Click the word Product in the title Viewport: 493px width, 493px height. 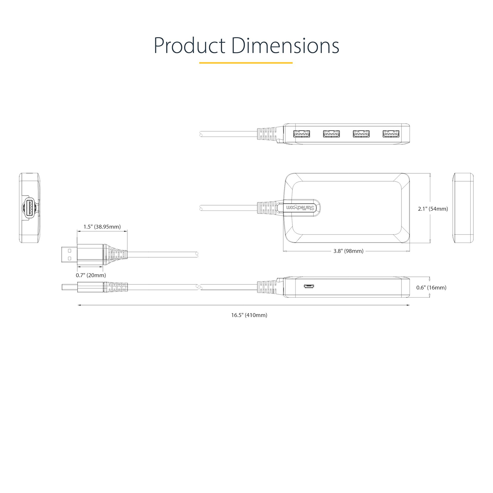point(189,46)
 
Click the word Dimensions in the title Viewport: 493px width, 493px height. point(285,46)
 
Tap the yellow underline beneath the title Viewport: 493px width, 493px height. point(246,63)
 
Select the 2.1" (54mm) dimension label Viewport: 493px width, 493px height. point(433,209)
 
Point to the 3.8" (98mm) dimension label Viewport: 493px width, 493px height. point(348,251)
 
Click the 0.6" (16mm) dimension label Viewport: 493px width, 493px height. point(431,287)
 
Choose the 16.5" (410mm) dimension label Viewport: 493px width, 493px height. point(249,315)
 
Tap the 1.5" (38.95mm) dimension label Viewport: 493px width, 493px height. point(102,227)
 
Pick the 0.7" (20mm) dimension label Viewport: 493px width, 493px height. point(91,275)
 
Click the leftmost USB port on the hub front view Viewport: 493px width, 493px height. point(302,134)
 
